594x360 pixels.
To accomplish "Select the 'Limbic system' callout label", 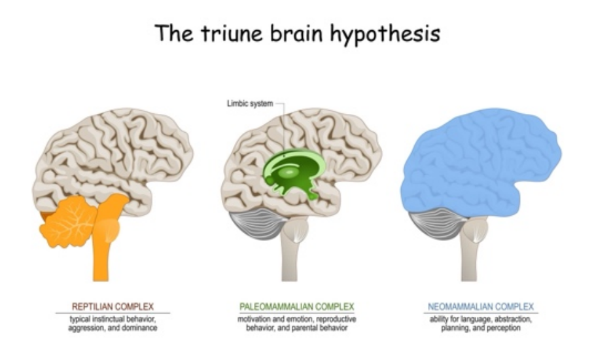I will (247, 103).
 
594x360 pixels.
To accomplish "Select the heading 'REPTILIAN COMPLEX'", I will (113, 306).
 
